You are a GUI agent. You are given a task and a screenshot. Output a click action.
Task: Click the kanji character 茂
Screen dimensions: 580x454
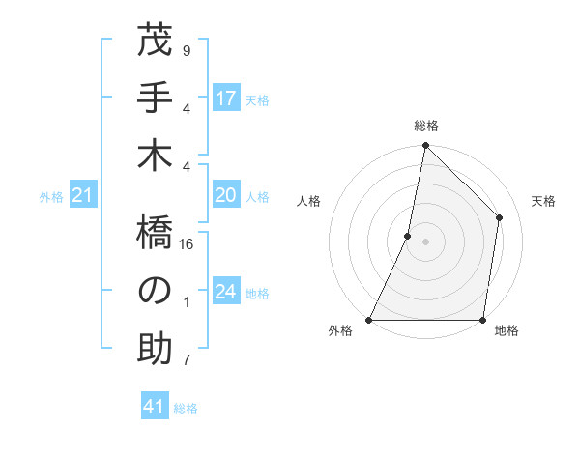point(155,43)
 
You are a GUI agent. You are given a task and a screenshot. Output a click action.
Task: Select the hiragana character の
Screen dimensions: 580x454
point(155,290)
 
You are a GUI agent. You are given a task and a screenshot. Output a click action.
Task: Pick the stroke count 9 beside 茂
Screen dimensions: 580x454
point(187,49)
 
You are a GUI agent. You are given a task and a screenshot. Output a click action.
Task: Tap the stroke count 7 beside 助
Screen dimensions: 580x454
point(187,361)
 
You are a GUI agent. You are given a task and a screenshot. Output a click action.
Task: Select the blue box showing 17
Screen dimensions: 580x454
point(226,98)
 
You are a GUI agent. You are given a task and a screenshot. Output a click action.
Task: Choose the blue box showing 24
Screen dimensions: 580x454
point(226,292)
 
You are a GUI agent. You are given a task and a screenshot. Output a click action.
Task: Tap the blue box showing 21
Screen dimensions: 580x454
point(83,196)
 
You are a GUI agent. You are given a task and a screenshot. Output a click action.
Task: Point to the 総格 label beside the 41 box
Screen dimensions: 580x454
point(186,409)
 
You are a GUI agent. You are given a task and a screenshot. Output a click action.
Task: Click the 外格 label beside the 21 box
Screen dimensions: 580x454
point(51,197)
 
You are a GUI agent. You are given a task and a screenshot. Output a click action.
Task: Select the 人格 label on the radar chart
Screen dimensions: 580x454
point(308,201)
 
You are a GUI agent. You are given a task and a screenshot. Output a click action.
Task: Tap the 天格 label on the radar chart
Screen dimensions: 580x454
point(543,201)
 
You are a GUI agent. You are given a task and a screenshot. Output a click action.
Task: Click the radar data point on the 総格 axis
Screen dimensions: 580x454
point(425,146)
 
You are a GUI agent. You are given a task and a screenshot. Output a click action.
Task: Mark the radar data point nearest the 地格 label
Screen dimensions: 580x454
point(482,320)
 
